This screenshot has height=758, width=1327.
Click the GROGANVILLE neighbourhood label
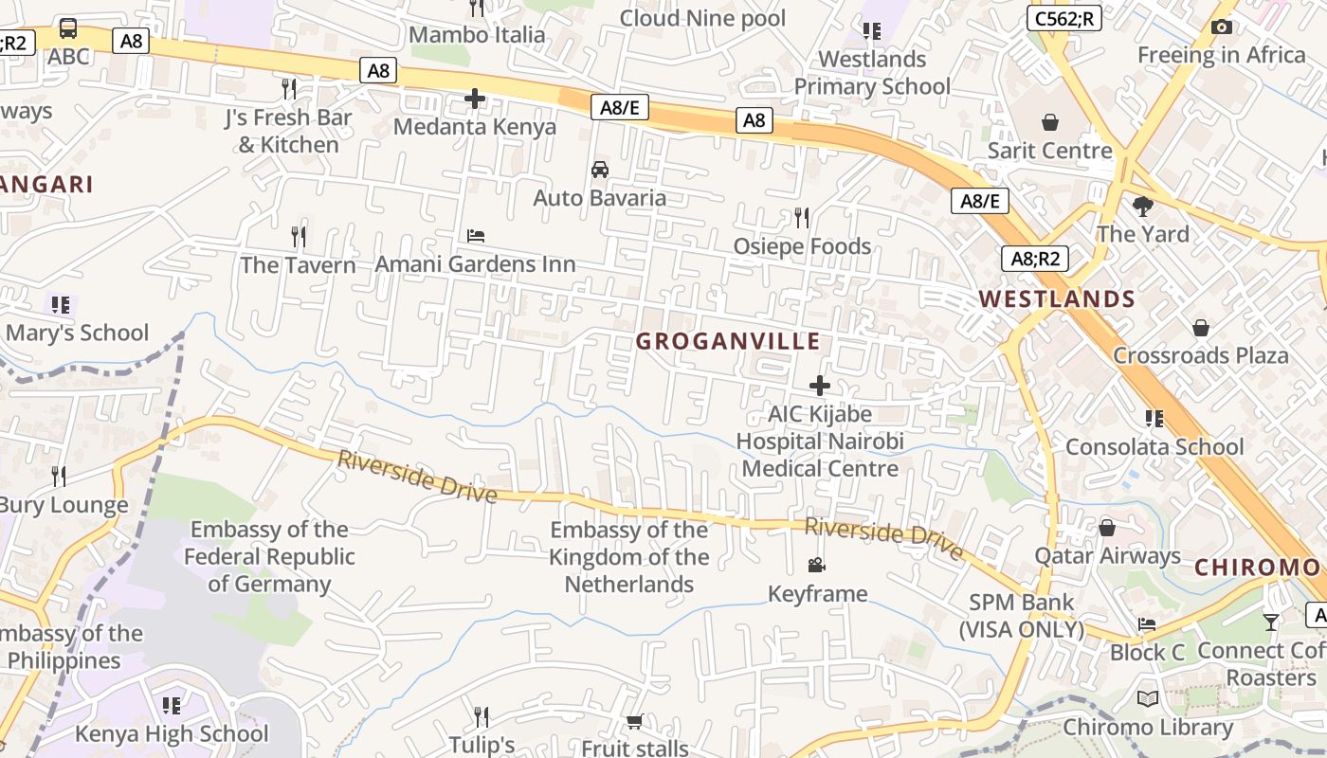tap(727, 341)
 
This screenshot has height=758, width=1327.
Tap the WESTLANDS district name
tap(1057, 299)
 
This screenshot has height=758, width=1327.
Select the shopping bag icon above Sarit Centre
tap(1049, 122)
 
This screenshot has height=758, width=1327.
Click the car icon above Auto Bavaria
tap(599, 170)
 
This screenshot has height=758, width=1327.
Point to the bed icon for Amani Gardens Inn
tap(476, 235)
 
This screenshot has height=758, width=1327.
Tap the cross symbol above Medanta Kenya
tap(475, 99)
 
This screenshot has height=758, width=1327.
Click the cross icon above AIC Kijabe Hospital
tap(820, 386)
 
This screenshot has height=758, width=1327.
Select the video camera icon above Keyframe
tap(816, 566)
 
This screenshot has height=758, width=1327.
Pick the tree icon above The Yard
tap(1143, 206)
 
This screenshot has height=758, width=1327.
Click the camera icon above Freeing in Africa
tap(1222, 27)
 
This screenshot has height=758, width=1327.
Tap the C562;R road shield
tap(1064, 18)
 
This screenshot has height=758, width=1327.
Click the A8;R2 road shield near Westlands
tap(1035, 259)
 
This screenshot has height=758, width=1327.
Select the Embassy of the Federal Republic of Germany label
tap(269, 556)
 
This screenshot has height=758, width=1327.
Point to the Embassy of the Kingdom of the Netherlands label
tap(629, 557)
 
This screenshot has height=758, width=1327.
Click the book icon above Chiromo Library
tap(1148, 699)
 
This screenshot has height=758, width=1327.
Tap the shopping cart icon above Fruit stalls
tap(635, 722)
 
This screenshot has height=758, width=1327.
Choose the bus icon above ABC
tap(68, 28)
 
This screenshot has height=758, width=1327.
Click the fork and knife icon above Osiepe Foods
tap(802, 218)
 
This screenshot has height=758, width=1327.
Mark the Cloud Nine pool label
tap(702, 18)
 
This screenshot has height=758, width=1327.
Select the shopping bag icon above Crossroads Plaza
tap(1201, 328)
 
